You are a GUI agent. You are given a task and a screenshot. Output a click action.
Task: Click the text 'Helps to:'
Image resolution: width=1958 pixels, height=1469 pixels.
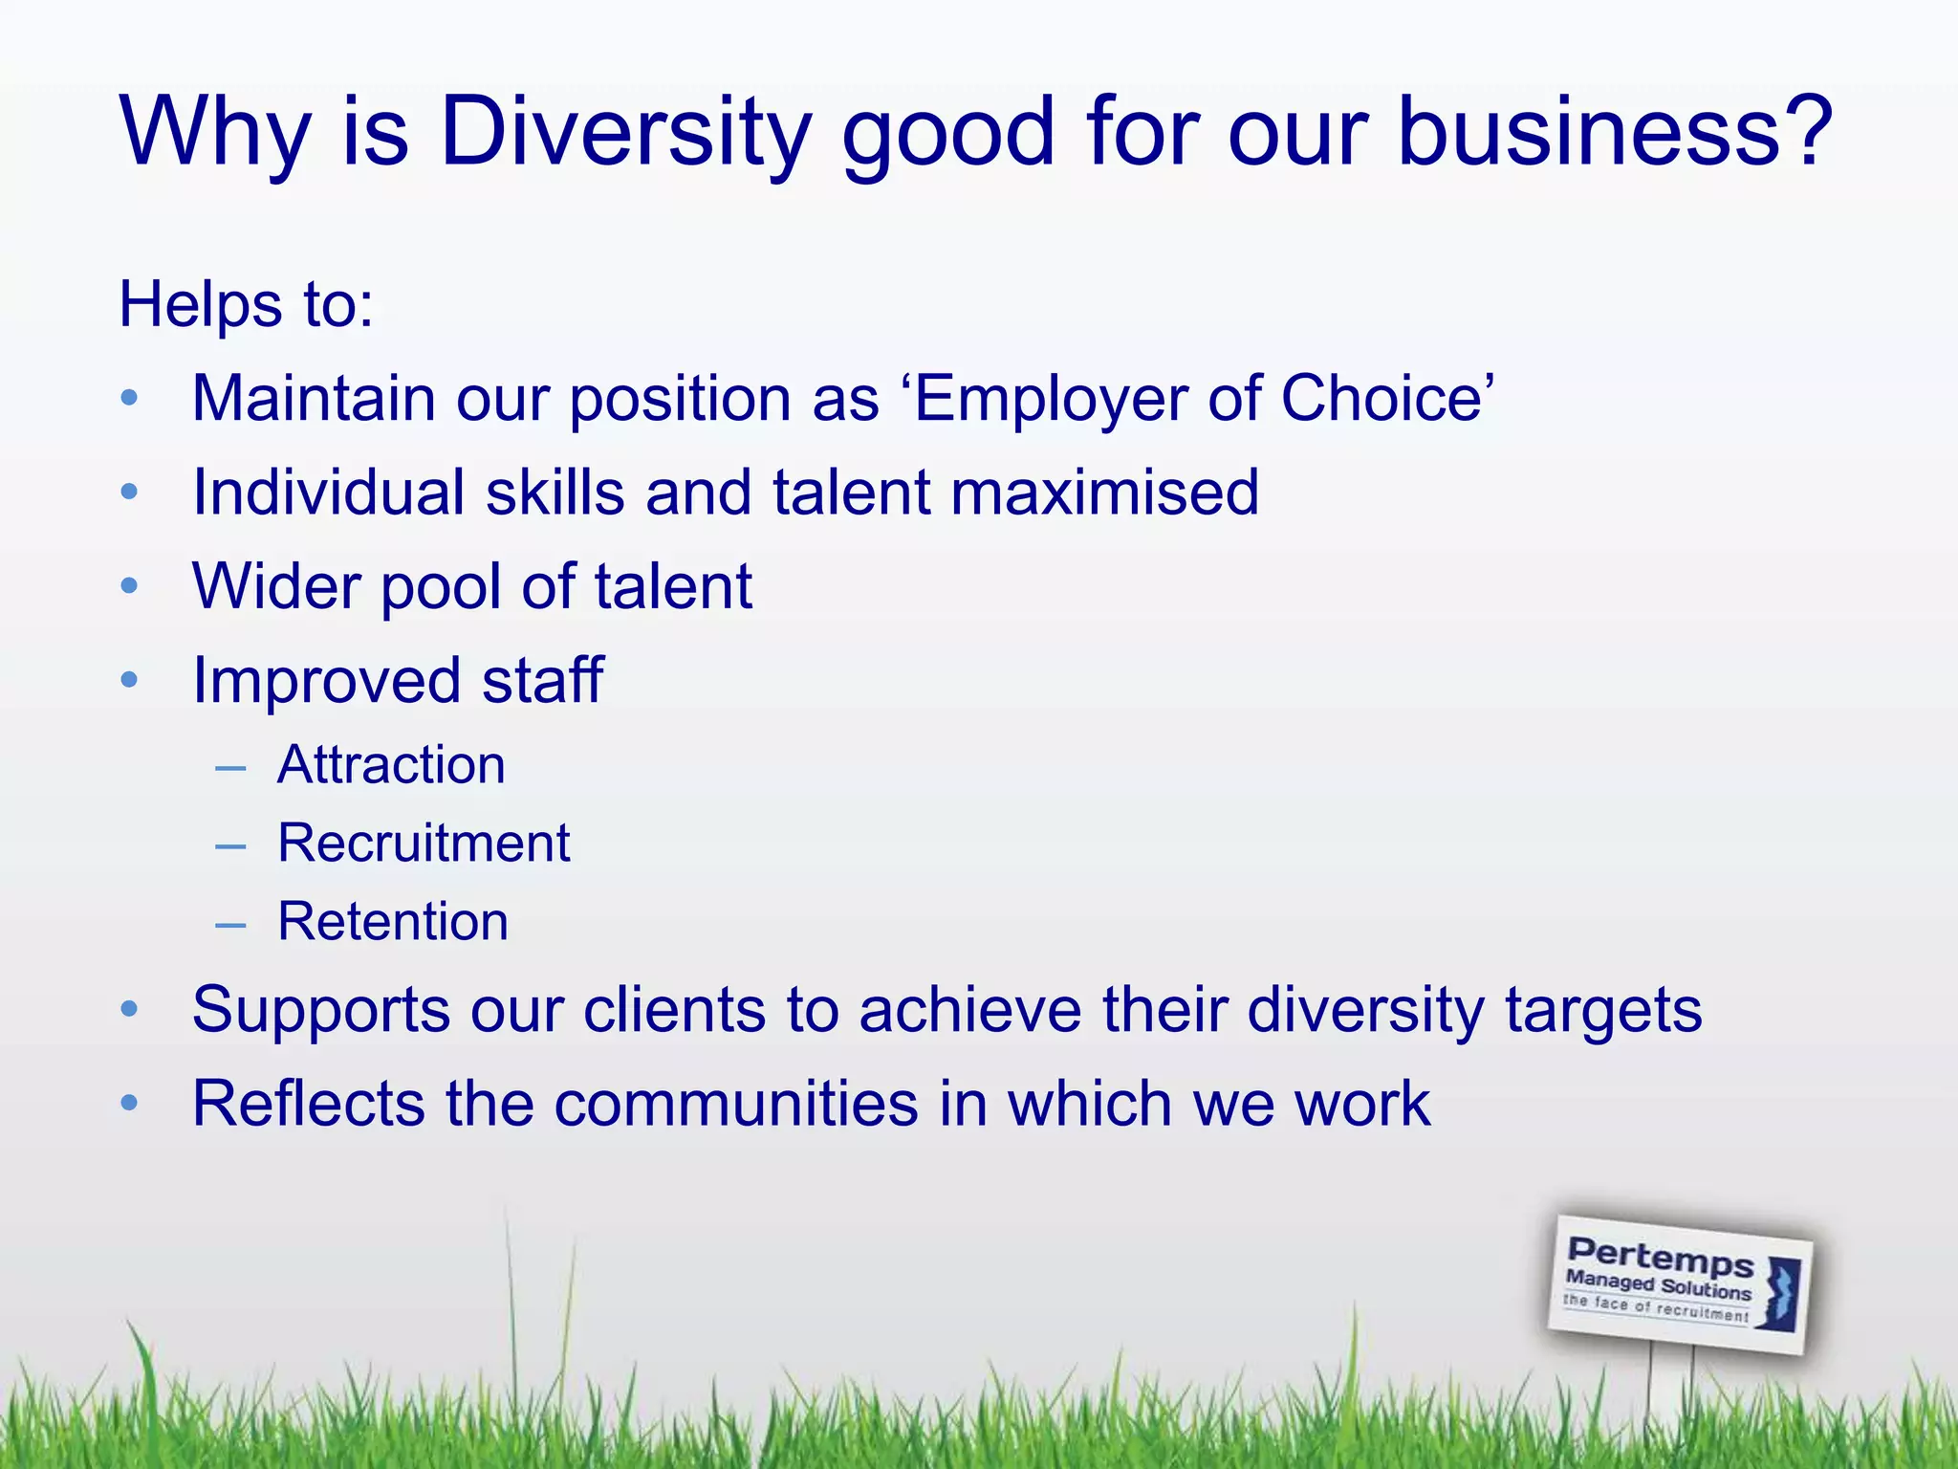(246, 305)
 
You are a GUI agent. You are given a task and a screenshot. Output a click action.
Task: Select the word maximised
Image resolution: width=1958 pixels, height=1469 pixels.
(1104, 492)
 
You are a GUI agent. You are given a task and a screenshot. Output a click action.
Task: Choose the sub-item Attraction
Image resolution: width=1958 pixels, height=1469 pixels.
(391, 765)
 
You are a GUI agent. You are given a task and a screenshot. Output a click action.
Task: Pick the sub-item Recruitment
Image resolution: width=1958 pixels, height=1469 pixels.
(424, 844)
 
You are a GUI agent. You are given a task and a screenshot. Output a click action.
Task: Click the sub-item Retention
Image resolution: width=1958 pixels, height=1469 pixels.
(393, 922)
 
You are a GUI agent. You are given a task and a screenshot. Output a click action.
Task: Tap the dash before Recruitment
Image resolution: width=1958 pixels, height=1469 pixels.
(230, 846)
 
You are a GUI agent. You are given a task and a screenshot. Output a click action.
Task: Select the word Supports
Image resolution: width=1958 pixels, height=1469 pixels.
(321, 1010)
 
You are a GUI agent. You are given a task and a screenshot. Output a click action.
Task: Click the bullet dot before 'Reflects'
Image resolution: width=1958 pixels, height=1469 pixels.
(130, 1104)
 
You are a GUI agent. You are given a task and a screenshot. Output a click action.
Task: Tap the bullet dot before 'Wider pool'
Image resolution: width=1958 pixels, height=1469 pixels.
(130, 585)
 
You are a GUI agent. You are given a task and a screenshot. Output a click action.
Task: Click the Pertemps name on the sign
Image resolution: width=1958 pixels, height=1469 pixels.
(1661, 1255)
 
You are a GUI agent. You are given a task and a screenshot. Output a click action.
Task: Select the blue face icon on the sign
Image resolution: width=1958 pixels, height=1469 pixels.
(1780, 1293)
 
